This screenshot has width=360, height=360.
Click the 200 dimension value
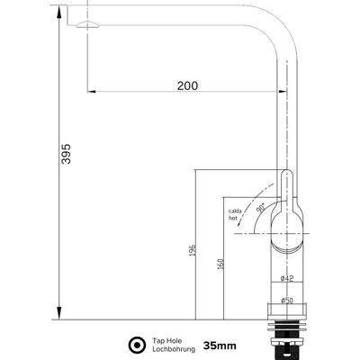187,85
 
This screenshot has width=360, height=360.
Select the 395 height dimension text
66,154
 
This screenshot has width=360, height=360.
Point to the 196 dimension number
193,250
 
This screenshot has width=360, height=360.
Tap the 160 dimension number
220,264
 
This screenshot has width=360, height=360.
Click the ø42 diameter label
287,279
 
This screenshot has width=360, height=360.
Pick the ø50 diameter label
287,301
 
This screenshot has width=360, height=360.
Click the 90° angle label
261,207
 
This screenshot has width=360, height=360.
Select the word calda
235,211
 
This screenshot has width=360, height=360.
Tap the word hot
233,218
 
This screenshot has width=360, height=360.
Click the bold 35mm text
220,346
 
